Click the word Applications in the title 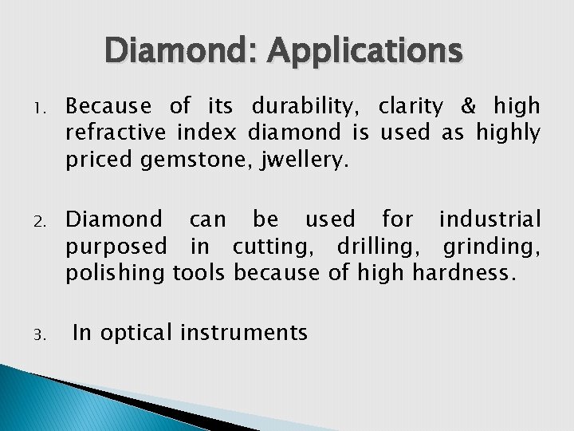pos(364,51)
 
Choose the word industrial pos(489,219)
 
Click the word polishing pos(116,274)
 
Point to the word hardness pos(463,274)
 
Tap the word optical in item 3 pos(136,333)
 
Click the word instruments pos(244,333)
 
